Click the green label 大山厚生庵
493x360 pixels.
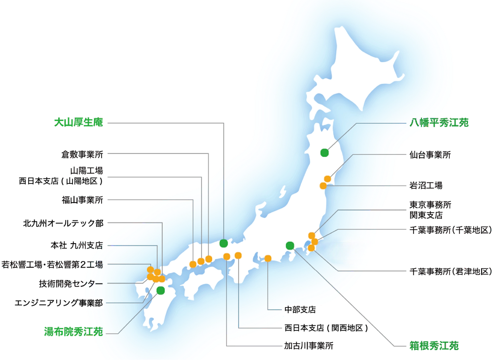(79, 122)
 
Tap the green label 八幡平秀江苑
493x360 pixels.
(439, 123)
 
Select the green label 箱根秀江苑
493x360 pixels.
(434, 345)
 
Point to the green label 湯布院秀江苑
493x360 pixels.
(73, 332)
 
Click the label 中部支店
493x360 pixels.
(300, 310)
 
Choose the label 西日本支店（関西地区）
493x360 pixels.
(323, 328)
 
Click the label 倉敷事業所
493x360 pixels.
(81, 154)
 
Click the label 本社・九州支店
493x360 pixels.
(76, 245)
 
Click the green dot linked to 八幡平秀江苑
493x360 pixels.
(324, 152)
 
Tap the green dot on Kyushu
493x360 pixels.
(160, 290)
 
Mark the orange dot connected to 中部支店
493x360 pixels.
(268, 258)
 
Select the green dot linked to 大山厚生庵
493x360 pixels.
(224, 243)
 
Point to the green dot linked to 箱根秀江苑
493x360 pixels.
(290, 246)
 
